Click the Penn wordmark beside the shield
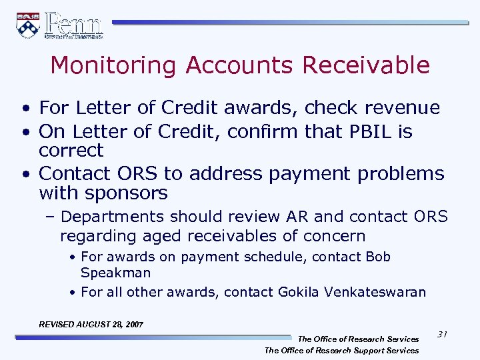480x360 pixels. click(74, 25)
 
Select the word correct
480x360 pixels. click(71, 150)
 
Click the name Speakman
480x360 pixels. click(115, 273)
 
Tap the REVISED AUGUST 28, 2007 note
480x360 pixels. click(91, 324)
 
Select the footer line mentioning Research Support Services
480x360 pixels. click(341, 350)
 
